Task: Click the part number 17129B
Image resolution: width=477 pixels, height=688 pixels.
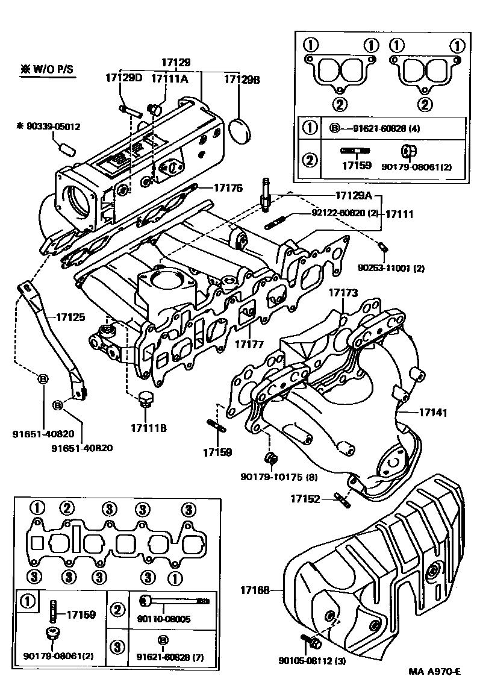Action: click(x=242, y=79)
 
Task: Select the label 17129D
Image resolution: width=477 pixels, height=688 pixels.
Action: click(x=123, y=78)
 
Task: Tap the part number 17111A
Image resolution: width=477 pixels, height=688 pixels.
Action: click(x=169, y=78)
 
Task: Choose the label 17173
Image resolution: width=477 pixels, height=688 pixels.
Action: click(x=343, y=293)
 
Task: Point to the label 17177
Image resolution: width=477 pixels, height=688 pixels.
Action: click(x=249, y=344)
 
